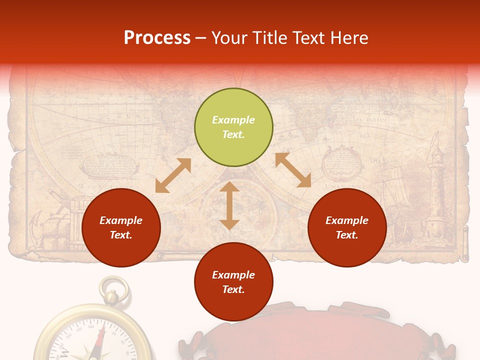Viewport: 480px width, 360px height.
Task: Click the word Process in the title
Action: [x=157, y=38]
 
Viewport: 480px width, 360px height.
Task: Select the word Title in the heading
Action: [x=269, y=38]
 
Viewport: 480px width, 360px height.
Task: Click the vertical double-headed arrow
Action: [x=229, y=205]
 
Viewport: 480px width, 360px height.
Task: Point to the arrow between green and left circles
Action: [x=173, y=175]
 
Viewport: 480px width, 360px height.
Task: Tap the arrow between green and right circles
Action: [x=293, y=170]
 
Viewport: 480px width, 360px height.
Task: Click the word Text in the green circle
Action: [x=233, y=134]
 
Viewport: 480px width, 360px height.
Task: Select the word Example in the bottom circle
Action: [x=233, y=275]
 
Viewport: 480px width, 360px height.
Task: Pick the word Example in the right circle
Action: [x=347, y=220]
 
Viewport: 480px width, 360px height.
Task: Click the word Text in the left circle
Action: [x=121, y=235]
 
